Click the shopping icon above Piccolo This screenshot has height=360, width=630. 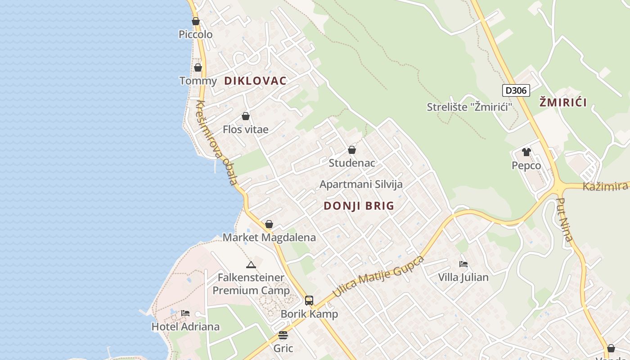pyautogui.click(x=196, y=21)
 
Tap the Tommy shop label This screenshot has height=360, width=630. pyautogui.click(x=198, y=81)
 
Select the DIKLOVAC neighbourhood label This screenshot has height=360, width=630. pyautogui.click(x=255, y=81)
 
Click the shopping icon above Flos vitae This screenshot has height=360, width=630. pyautogui.click(x=246, y=116)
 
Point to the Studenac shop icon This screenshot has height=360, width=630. pyautogui.click(x=352, y=150)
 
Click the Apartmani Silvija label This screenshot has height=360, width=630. pyautogui.click(x=361, y=184)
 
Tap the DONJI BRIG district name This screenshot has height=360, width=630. pyautogui.click(x=359, y=206)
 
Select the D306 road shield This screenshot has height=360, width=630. pyautogui.click(x=516, y=90)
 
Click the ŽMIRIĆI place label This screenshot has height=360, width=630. pyautogui.click(x=563, y=103)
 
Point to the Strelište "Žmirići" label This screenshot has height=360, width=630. pyautogui.click(x=470, y=107)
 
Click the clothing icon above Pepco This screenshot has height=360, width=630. pyautogui.click(x=526, y=152)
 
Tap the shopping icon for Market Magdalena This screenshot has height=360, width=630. pyautogui.click(x=269, y=224)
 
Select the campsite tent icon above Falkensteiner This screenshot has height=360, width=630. pyautogui.click(x=251, y=264)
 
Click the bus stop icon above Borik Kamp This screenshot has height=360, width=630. pyautogui.click(x=309, y=301)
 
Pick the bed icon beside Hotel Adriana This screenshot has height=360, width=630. pyautogui.click(x=185, y=313)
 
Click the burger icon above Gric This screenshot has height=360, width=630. pyautogui.click(x=283, y=335)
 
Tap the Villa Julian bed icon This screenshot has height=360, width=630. pyautogui.click(x=463, y=264)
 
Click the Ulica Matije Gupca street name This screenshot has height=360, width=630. pyautogui.click(x=378, y=277)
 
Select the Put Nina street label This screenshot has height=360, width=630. pyautogui.click(x=565, y=220)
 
